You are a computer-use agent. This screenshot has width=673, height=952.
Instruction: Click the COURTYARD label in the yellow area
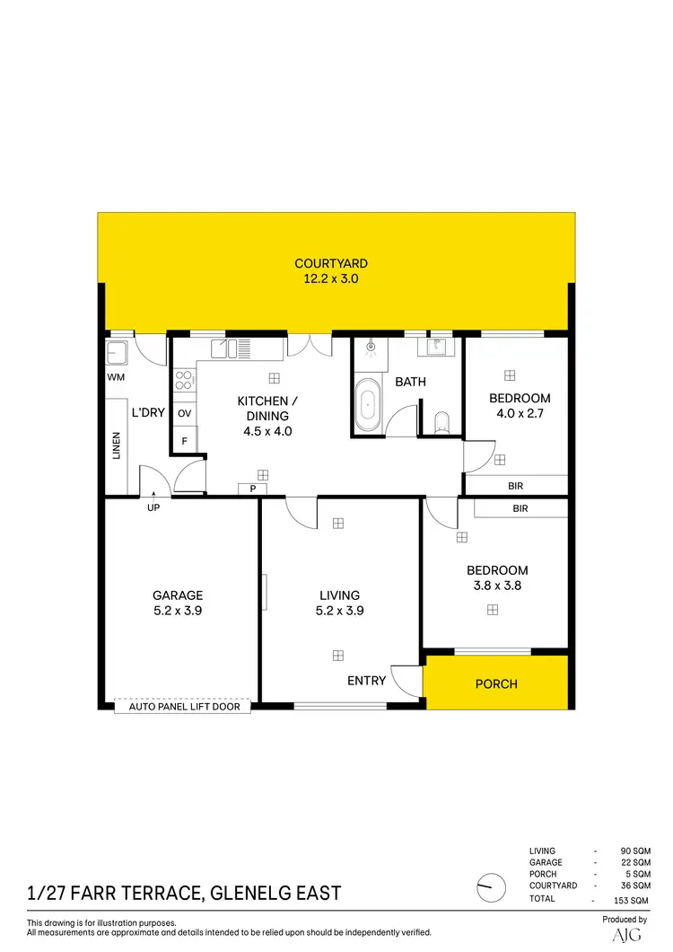(x=331, y=264)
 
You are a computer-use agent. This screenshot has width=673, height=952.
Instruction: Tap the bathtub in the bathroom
(x=367, y=405)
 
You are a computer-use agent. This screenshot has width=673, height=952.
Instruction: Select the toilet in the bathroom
(x=441, y=422)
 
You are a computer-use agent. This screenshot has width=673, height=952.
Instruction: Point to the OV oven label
(x=185, y=413)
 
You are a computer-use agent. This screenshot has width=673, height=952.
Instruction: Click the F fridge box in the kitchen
(x=185, y=441)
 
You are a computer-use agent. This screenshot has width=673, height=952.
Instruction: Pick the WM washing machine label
(x=116, y=377)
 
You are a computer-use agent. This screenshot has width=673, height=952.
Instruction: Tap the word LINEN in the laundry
(x=117, y=446)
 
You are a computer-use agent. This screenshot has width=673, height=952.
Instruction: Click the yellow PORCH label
(x=496, y=683)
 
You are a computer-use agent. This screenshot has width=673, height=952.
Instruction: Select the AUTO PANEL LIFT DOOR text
(x=182, y=707)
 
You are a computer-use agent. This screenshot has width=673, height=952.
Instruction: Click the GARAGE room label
(x=178, y=595)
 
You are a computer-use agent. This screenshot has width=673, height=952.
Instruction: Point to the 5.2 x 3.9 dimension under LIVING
(x=340, y=611)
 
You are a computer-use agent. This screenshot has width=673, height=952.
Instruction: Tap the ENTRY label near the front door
(x=366, y=681)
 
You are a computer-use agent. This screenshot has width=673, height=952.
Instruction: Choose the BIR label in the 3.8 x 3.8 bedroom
(x=520, y=508)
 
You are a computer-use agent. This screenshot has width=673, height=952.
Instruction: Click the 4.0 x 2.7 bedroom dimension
(x=520, y=414)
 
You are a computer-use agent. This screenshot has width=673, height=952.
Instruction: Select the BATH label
(x=411, y=382)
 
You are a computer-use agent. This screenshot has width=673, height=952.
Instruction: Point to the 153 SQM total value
(x=632, y=900)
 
